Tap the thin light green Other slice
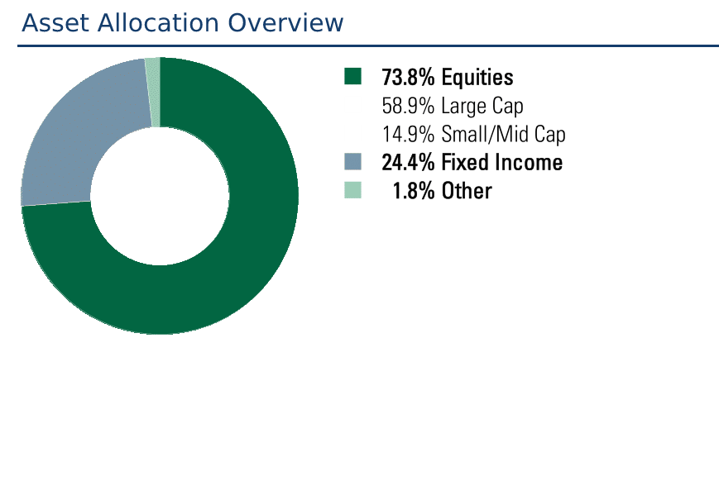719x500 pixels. coord(153,92)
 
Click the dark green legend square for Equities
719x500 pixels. coord(352,77)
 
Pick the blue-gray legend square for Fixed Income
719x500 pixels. coord(352,162)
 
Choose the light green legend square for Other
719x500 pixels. coord(352,190)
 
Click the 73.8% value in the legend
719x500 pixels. coord(408,77)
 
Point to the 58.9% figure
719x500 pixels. coord(408,106)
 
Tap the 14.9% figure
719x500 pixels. coord(408,134)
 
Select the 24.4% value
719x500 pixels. coord(408,163)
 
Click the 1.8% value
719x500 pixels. coord(414,191)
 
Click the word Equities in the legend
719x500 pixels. coord(477,77)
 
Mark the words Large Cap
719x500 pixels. coord(482,107)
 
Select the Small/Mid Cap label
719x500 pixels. coord(504,135)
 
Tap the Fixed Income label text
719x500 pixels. coord(502,163)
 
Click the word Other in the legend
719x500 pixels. coord(467,191)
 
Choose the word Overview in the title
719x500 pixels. coord(285,23)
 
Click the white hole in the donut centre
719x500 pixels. coord(160,196)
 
